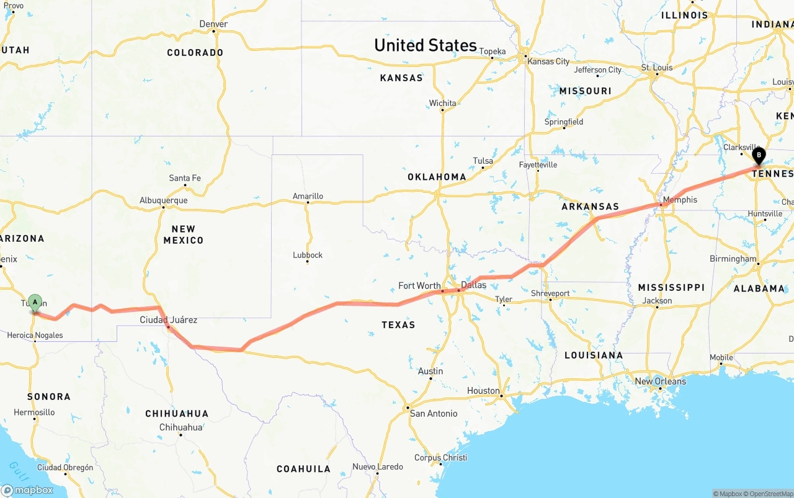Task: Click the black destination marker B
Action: [x=758, y=156]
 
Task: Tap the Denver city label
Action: [x=213, y=24]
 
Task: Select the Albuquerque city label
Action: [x=163, y=201]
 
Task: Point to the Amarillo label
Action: [x=308, y=197]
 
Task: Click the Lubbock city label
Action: [x=308, y=255]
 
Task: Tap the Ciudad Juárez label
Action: [x=168, y=320]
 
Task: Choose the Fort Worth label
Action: [x=419, y=286]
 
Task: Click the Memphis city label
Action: [x=679, y=200]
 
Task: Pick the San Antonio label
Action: [x=434, y=414]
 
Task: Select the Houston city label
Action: [x=483, y=391]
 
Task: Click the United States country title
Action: [x=425, y=45]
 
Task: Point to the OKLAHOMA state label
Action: [x=437, y=177]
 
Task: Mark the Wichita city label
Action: [x=442, y=104]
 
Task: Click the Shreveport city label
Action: [x=550, y=293]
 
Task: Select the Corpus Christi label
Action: [x=440, y=458]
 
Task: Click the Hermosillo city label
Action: [x=34, y=412]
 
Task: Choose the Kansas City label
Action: [x=548, y=61]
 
